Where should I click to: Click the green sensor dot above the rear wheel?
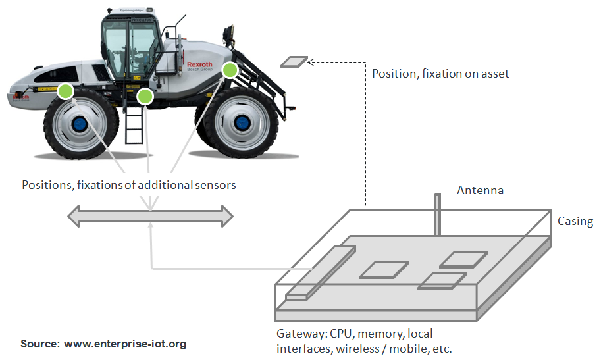65,91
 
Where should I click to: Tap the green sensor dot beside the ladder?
145,97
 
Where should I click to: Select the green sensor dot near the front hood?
230,70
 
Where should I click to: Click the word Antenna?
480,190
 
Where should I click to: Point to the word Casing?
575,221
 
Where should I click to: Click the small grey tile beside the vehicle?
294,63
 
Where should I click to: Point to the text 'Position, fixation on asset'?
440,74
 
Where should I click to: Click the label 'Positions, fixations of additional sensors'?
128,185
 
